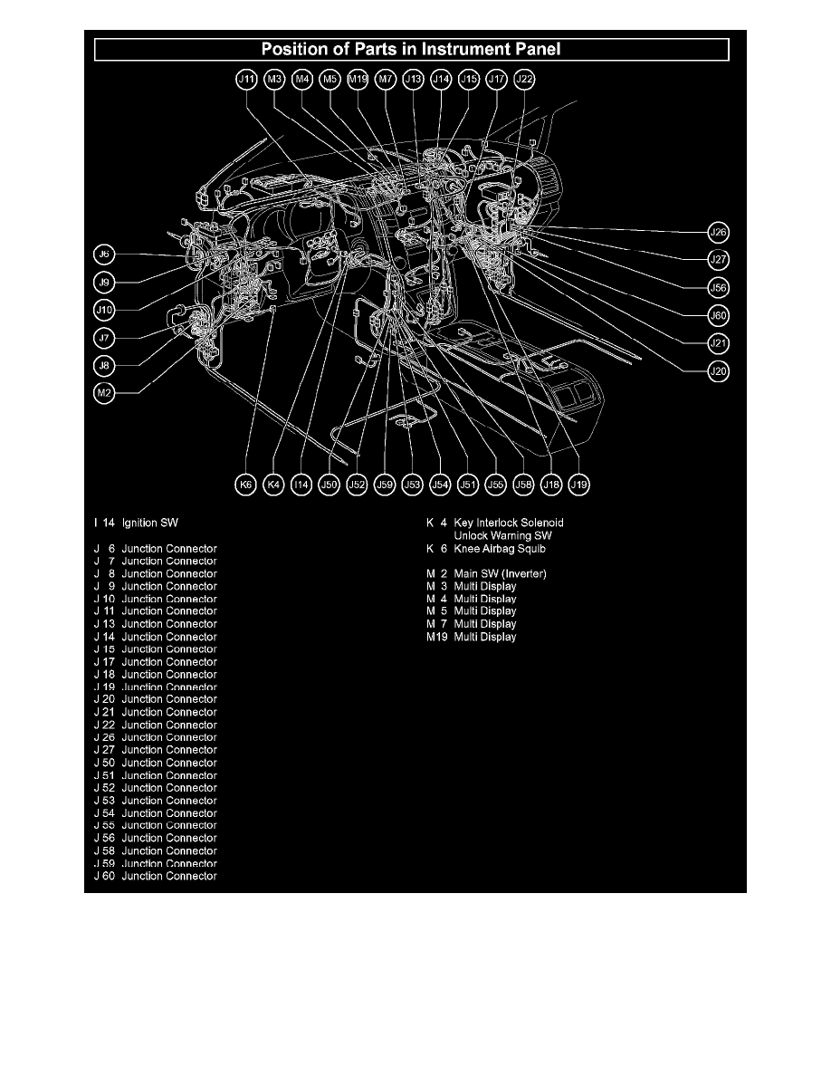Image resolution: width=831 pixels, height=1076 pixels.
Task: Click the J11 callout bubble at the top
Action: tap(245, 80)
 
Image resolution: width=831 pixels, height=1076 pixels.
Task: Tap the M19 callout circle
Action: tap(358, 80)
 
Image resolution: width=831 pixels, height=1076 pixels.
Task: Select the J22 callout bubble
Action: tap(524, 80)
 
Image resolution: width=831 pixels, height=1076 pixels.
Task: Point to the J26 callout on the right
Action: tap(718, 233)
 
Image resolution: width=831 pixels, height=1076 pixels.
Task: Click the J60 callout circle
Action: tap(718, 315)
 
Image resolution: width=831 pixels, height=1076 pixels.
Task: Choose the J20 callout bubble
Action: tap(718, 370)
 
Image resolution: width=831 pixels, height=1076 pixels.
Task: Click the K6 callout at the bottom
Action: tap(245, 485)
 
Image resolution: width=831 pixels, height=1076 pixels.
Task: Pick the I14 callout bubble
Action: tap(302, 485)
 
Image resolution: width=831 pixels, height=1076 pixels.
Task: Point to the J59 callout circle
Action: tap(386, 485)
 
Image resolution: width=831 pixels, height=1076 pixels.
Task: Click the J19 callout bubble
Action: tap(579, 485)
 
